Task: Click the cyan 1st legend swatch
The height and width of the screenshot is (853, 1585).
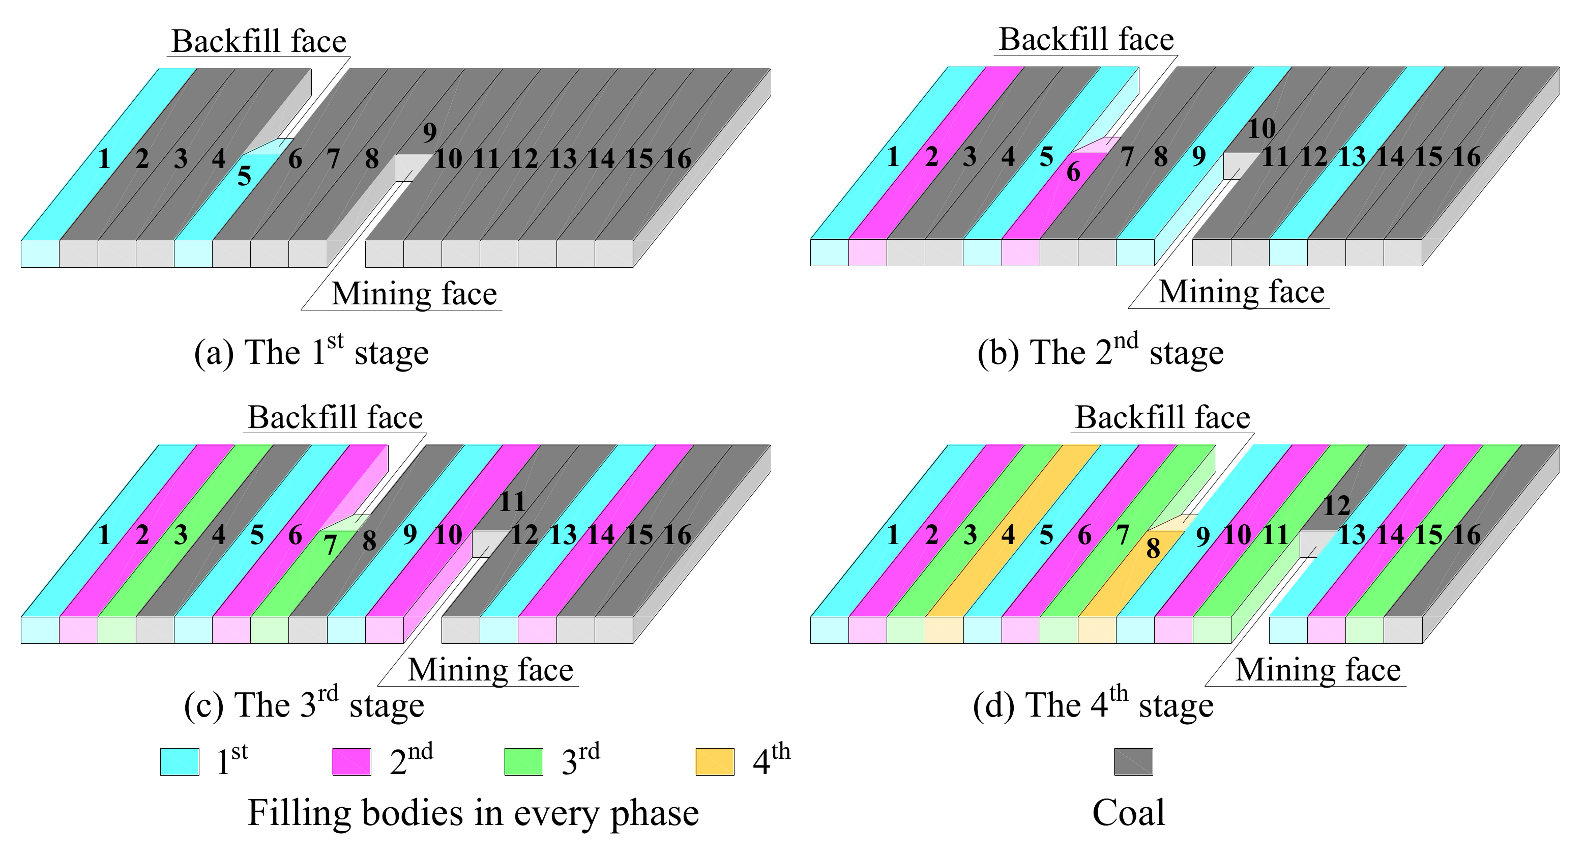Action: (179, 761)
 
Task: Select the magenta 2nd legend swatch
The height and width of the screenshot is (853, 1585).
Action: (351, 761)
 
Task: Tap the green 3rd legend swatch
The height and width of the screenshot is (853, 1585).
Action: (523, 761)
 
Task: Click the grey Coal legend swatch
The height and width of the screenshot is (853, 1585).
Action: (1133, 761)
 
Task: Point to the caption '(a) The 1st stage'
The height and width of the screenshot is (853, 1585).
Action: (311, 352)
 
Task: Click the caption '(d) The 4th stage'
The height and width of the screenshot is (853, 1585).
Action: (1093, 705)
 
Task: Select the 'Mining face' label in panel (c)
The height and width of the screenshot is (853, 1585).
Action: (490, 670)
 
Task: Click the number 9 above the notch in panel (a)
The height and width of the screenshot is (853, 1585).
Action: (429, 132)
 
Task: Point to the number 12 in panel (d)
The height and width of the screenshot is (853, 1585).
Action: (1336, 506)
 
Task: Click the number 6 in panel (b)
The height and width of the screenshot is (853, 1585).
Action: (1073, 173)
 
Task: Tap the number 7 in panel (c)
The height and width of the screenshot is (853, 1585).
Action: (331, 545)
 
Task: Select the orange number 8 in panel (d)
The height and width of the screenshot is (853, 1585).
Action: (1153, 548)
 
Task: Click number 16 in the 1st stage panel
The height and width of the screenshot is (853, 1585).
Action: (677, 159)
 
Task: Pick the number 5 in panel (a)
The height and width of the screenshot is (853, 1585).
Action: (244, 177)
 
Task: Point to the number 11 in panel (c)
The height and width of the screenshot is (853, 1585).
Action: (512, 503)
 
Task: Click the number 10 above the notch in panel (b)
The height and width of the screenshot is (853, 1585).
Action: (1261, 129)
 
